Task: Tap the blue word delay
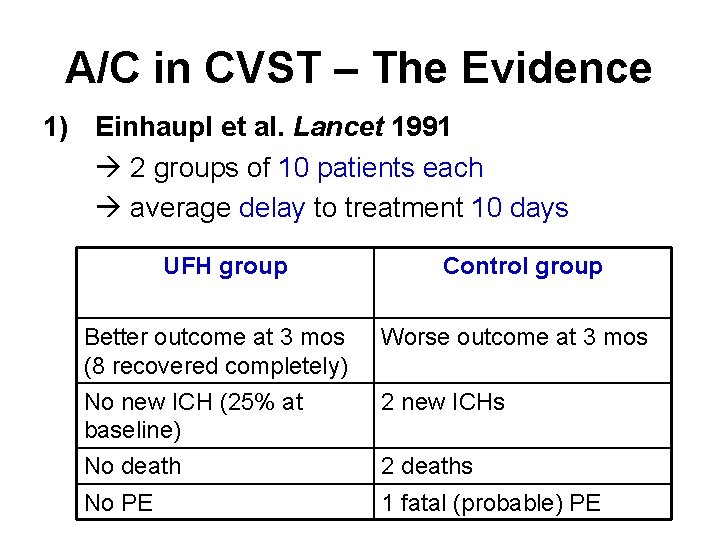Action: pos(272,208)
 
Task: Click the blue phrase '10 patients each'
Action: pos(380,168)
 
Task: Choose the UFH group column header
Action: pos(225,266)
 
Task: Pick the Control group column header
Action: pos(522,266)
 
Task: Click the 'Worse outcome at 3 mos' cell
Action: pos(514,338)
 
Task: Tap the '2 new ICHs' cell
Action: pos(443,402)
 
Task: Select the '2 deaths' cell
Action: pos(427,466)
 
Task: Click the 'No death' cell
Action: pos(133,466)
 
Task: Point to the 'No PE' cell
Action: pos(118,503)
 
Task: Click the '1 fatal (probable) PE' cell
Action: pos(491,503)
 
